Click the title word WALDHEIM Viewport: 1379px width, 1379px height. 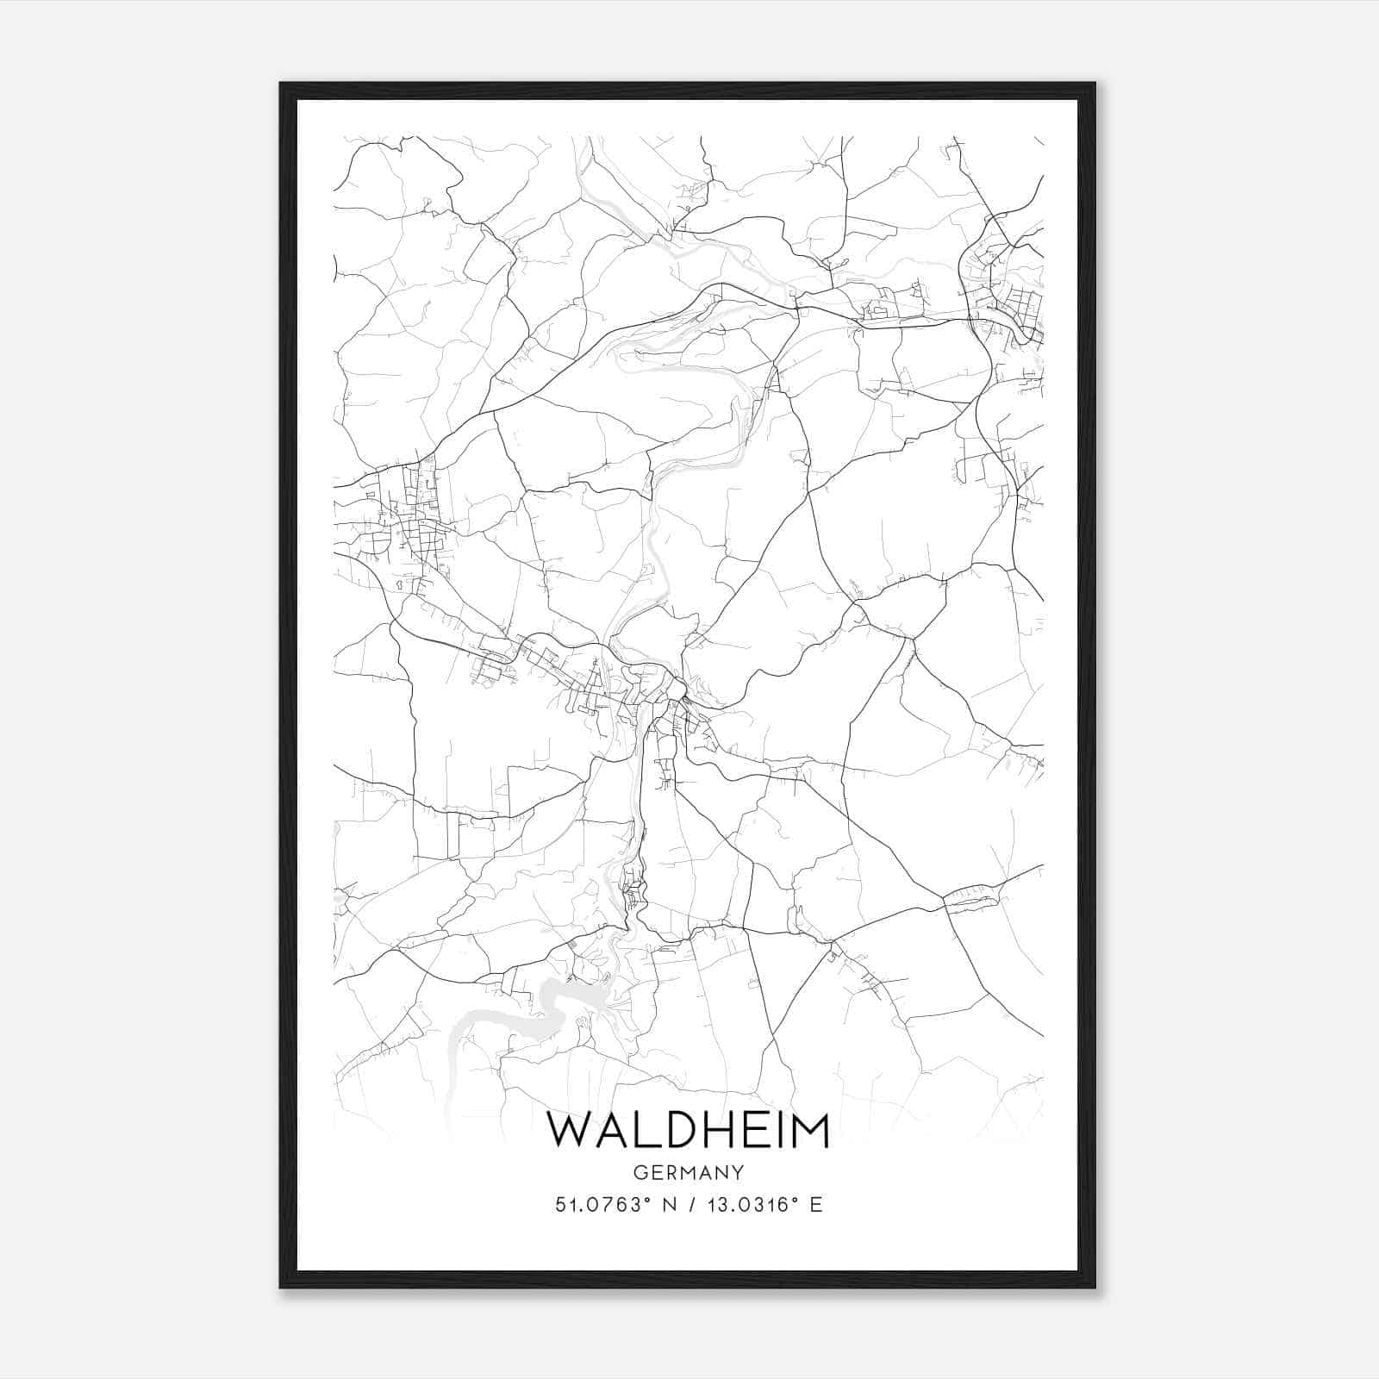(x=689, y=1130)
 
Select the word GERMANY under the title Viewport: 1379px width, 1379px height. (x=689, y=1173)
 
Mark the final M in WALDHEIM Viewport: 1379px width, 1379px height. (x=808, y=1130)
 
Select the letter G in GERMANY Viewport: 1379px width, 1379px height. (x=640, y=1173)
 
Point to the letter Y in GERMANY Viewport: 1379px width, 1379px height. (x=738, y=1173)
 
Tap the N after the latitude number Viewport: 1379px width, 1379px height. (x=666, y=1205)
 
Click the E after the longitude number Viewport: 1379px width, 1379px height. (x=816, y=1205)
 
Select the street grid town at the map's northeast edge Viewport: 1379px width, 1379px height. (x=1004, y=289)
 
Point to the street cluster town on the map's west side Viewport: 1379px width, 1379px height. (x=405, y=517)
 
